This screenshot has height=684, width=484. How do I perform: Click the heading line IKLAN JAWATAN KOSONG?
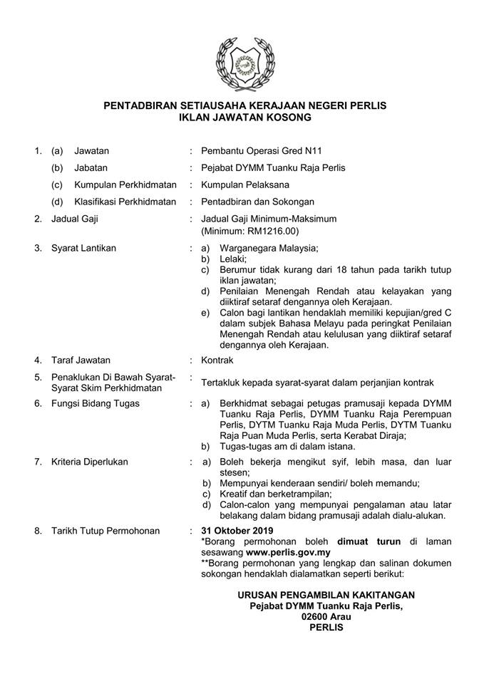click(244, 118)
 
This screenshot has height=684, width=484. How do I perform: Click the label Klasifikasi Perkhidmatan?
click(125, 202)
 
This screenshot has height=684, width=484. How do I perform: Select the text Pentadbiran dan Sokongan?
click(257, 202)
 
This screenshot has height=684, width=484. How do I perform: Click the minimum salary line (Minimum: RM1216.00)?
click(249, 232)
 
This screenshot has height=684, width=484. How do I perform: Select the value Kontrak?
click(217, 361)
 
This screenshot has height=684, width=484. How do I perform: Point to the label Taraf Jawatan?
click(81, 361)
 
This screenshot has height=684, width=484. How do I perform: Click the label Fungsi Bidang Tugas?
click(95, 403)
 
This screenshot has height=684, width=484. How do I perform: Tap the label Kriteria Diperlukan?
click(90, 462)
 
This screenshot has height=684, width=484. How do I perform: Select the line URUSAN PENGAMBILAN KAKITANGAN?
click(326, 595)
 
